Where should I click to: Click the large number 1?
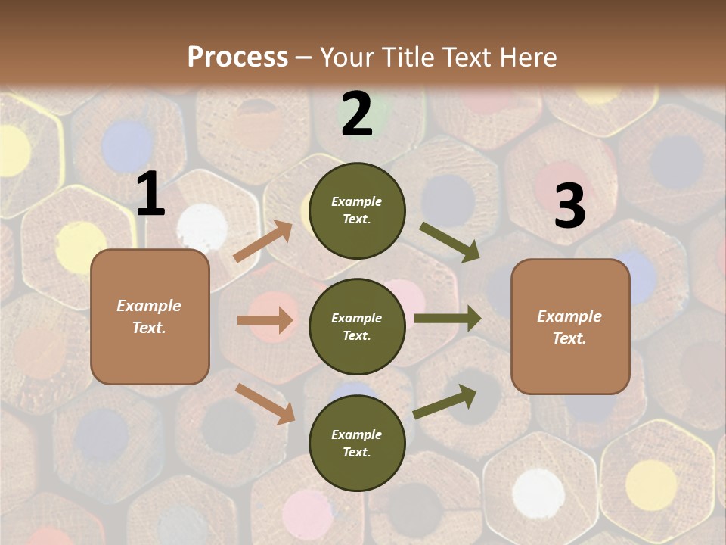tap(150, 195)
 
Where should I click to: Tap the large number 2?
tap(357, 114)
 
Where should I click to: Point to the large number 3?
tap(569, 207)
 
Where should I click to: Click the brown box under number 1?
tap(150, 316)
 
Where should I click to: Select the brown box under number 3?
tap(570, 326)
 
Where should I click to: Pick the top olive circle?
tap(357, 210)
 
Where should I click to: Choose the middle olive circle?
tap(357, 326)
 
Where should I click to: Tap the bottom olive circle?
tap(357, 443)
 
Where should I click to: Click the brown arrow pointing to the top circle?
tap(263, 241)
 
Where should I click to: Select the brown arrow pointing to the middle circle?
tap(265, 320)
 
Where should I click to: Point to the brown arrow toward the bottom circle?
tap(265, 403)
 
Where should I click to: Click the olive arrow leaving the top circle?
tap(450, 240)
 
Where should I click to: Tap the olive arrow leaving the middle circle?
tap(448, 319)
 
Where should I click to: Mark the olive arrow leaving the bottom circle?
tap(445, 401)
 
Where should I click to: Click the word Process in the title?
tap(237, 57)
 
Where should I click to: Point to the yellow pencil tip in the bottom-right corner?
tap(651, 484)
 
